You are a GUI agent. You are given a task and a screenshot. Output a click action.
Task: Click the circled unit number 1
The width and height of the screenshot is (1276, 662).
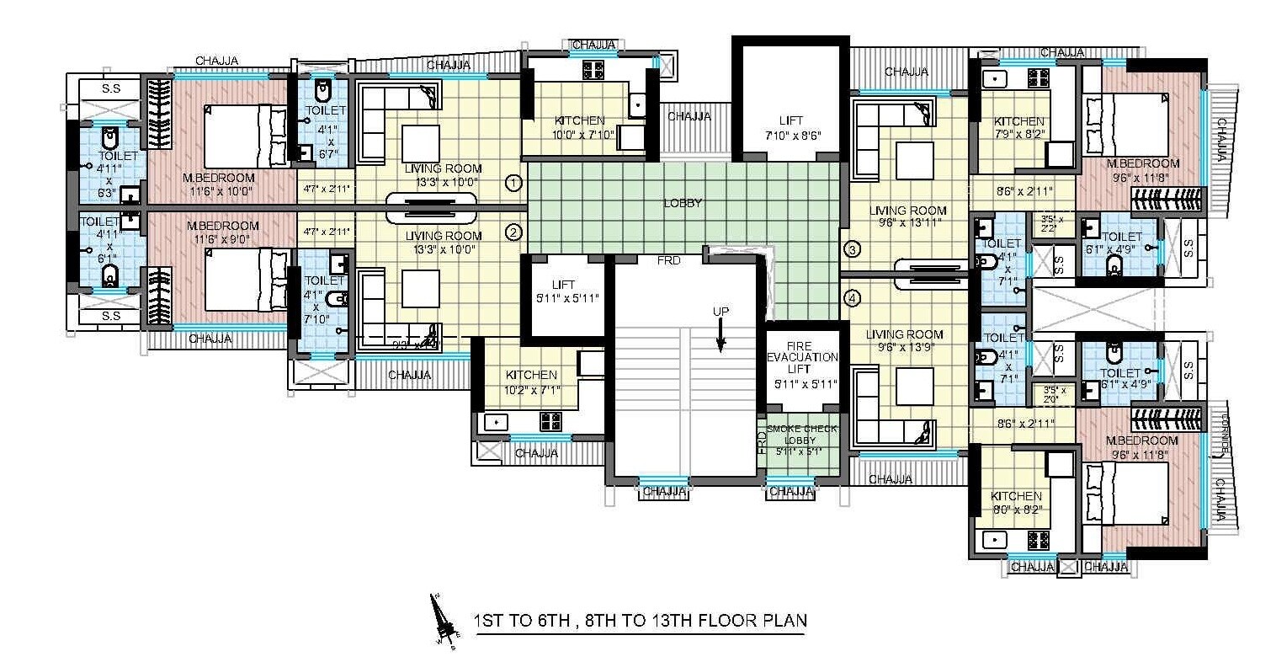click(513, 182)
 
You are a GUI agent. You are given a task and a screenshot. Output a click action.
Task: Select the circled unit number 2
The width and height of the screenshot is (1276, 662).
click(513, 232)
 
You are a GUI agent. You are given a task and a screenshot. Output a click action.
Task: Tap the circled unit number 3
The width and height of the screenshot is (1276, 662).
click(852, 249)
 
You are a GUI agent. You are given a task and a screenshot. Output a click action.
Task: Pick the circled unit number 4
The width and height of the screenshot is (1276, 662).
click(852, 297)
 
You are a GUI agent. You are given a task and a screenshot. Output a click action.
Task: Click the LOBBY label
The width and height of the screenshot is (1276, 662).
click(682, 203)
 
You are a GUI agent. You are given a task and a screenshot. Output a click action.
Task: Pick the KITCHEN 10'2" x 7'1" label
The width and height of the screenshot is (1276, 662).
click(530, 382)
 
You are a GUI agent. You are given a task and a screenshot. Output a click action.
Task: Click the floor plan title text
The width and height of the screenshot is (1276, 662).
click(640, 622)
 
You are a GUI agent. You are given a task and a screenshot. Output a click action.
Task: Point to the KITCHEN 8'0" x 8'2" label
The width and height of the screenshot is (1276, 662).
click(1016, 503)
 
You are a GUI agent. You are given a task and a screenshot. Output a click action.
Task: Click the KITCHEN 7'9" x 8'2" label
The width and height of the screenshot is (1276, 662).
click(1018, 128)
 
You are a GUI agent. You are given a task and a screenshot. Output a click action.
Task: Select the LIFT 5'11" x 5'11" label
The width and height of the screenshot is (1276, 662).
click(563, 291)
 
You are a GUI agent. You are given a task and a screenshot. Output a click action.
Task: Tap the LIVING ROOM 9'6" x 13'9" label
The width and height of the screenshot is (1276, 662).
click(906, 341)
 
